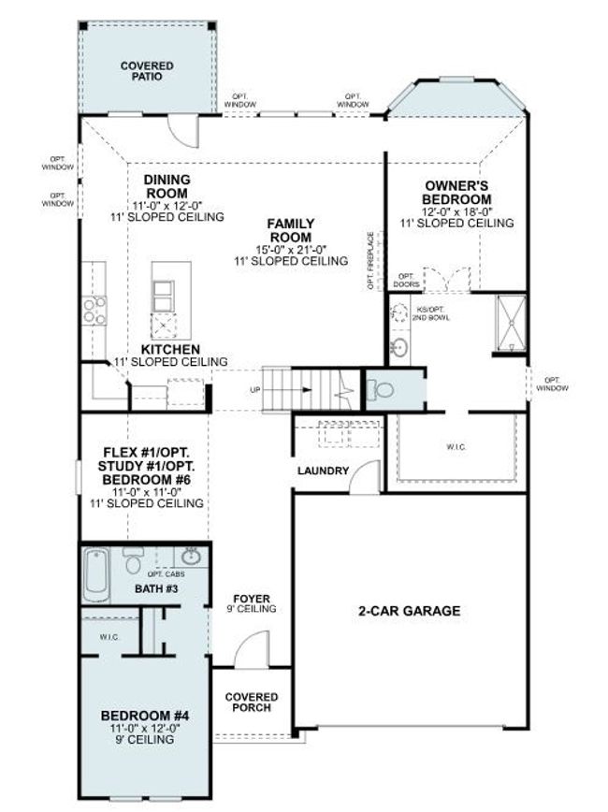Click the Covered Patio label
(x=147, y=71)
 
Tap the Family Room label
(x=291, y=230)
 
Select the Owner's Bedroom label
(x=456, y=193)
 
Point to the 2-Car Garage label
(x=409, y=611)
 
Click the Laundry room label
(x=323, y=471)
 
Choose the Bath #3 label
(x=156, y=588)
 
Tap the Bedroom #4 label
(x=145, y=716)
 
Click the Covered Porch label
(x=252, y=703)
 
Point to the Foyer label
(x=252, y=599)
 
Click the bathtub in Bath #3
(x=97, y=574)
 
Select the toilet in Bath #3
(x=133, y=561)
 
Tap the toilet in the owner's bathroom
(x=380, y=389)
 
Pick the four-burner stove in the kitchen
(x=94, y=311)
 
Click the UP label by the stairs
(x=255, y=390)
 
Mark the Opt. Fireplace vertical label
(x=370, y=260)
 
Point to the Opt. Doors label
(x=407, y=281)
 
